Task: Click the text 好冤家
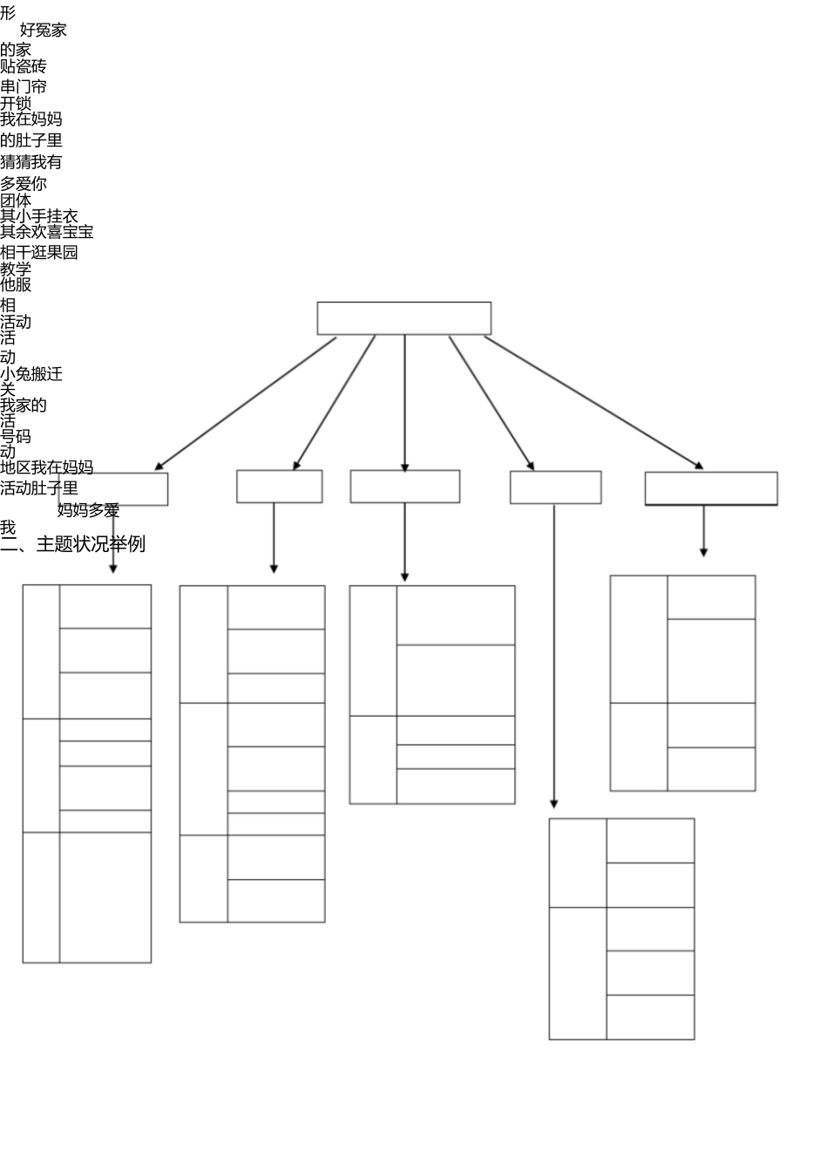pyautogui.click(x=43, y=30)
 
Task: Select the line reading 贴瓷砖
pyautogui.click(x=24, y=66)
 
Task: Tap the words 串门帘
pyautogui.click(x=24, y=86)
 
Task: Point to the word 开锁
pyautogui.click(x=16, y=103)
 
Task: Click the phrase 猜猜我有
pyautogui.click(x=31, y=161)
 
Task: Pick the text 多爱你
pyautogui.click(x=24, y=183)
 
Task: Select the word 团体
pyautogui.click(x=16, y=200)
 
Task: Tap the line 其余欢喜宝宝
pyautogui.click(x=47, y=232)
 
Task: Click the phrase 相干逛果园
pyautogui.click(x=39, y=252)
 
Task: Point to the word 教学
pyautogui.click(x=16, y=269)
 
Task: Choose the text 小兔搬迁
pyautogui.click(x=31, y=374)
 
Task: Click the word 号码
pyautogui.click(x=16, y=436)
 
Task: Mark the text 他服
pyautogui.click(x=16, y=284)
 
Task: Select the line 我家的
pyautogui.click(x=24, y=405)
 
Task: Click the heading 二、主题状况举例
pyautogui.click(x=73, y=544)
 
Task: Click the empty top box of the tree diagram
pyautogui.click(x=404, y=318)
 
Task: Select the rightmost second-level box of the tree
pyautogui.click(x=710, y=488)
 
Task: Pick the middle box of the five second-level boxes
pyautogui.click(x=404, y=487)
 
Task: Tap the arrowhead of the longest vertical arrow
pyautogui.click(x=553, y=803)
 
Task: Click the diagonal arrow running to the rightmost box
pyautogui.click(x=593, y=402)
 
